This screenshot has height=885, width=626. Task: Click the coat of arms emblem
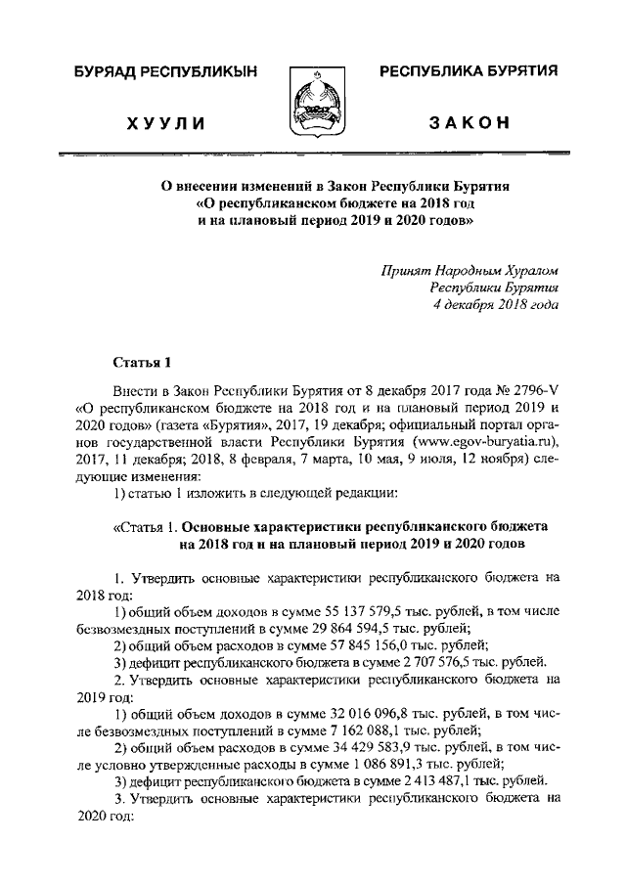313,100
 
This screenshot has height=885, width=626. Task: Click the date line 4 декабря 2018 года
496,304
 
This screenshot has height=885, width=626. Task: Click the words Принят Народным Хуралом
469,269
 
